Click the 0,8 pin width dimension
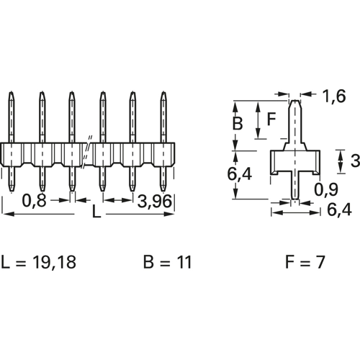coord(34,201)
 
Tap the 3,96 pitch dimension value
coord(155,201)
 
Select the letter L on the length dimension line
coord(96,212)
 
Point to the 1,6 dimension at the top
coord(334,96)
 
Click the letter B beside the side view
coord(238,123)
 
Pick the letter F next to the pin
coord(271,120)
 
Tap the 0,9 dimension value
coord(326,189)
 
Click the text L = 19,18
coord(39,262)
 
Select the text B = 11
coord(168,262)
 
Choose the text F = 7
coord(305,262)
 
